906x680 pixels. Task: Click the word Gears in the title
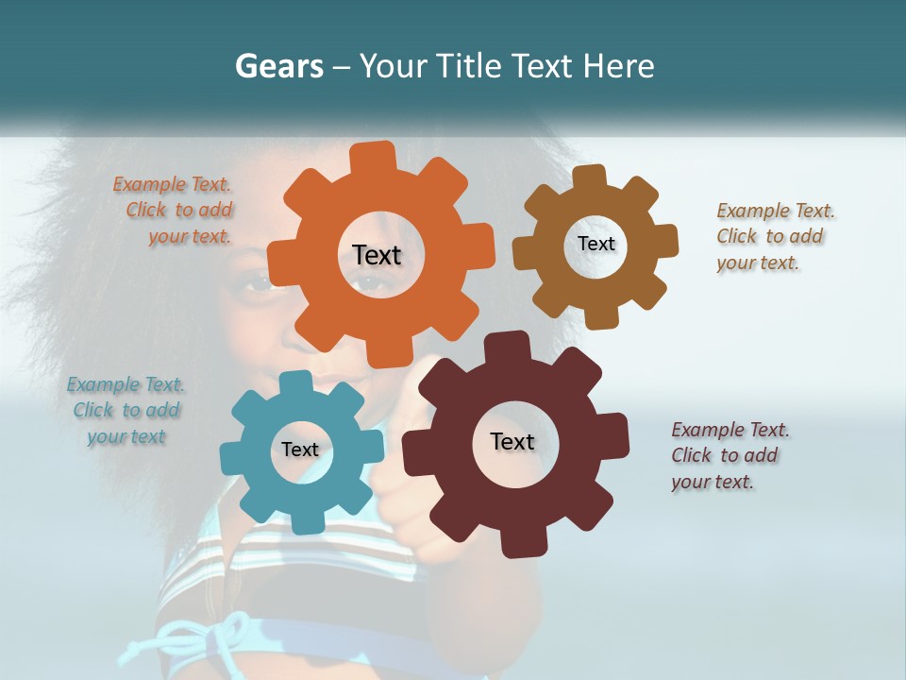pos(278,66)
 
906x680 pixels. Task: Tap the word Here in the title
pos(619,66)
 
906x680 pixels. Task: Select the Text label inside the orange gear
pos(377,255)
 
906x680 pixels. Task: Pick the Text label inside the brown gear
pos(596,244)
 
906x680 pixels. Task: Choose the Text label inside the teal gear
pos(300,450)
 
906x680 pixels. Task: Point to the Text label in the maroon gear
pos(512,442)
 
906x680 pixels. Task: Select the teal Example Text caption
pos(126,411)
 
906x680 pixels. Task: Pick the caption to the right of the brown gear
pos(775,237)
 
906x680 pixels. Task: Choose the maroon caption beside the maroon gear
pos(730,455)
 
